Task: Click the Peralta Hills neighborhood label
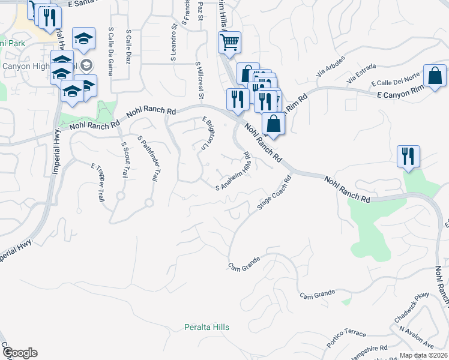click(206, 327)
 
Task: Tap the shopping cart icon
click(229, 43)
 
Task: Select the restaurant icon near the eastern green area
click(409, 156)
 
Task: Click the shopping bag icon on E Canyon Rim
click(434, 76)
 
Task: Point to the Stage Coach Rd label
click(274, 193)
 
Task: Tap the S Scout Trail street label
click(124, 160)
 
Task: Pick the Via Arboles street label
click(331, 79)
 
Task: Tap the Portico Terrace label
click(346, 338)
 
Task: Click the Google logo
click(19, 353)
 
